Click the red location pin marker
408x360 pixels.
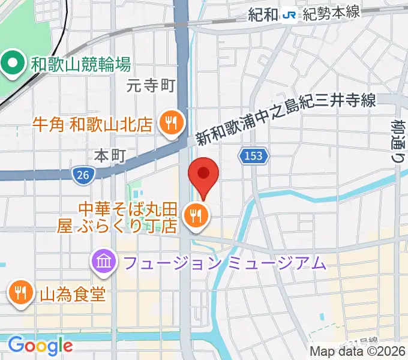[203, 175]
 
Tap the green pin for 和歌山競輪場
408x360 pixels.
[11, 62]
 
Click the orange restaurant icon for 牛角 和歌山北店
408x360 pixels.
[171, 124]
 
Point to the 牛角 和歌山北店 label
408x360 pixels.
[92, 125]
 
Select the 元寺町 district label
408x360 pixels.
[150, 86]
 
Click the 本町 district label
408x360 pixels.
[110, 155]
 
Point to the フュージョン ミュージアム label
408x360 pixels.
[224, 262]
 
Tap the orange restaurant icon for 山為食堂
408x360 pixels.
[20, 293]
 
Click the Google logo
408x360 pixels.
[40, 346]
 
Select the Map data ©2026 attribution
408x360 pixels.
[358, 352]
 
